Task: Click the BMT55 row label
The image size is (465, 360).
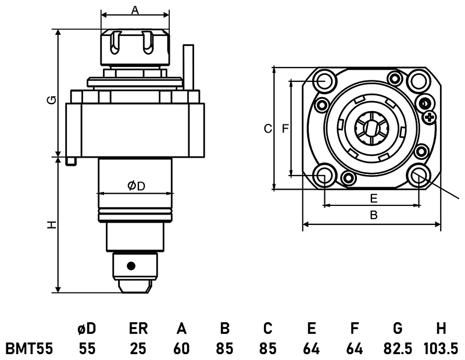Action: point(29,348)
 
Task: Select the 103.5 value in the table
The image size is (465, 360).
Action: point(441,348)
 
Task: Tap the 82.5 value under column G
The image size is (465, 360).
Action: point(397,348)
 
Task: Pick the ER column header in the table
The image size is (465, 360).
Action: point(138,329)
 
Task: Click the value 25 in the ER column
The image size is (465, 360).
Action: point(138,348)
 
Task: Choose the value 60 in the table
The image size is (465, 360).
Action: point(181,348)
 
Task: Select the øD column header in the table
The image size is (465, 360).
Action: point(87,329)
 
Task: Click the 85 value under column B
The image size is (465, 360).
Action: point(224,348)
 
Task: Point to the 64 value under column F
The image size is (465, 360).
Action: point(354,348)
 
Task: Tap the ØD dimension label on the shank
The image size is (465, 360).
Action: point(136,186)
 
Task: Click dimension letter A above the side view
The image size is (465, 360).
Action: point(135,10)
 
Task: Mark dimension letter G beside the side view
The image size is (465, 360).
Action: point(52,100)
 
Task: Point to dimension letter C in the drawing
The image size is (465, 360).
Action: point(267,129)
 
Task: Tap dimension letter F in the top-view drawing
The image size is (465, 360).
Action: point(285,129)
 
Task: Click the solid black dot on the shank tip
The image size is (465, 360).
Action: point(131,266)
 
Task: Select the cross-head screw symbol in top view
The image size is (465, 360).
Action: point(430,118)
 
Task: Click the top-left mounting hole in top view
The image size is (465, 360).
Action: point(325,81)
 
